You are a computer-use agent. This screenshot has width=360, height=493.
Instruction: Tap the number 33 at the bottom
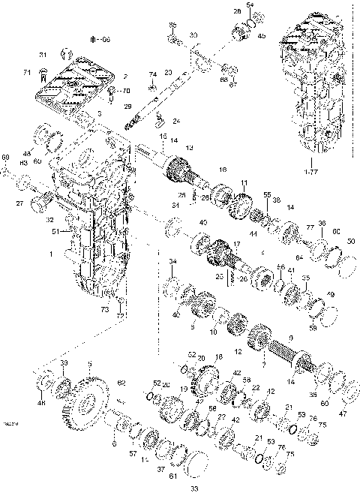tap(194, 488)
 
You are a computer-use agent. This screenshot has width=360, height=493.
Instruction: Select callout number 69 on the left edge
tap(6, 158)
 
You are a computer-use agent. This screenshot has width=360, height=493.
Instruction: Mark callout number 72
tap(117, 317)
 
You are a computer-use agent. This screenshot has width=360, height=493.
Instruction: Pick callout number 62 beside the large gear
tap(121, 383)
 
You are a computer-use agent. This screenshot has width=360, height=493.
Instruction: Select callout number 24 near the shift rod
tap(177, 121)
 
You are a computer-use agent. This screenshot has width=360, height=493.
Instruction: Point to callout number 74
tap(152, 74)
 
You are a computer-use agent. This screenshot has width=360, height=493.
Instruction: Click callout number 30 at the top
tap(193, 35)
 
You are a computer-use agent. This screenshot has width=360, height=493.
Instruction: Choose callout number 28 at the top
tap(237, 12)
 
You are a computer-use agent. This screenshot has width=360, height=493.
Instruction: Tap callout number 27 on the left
tap(19, 203)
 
